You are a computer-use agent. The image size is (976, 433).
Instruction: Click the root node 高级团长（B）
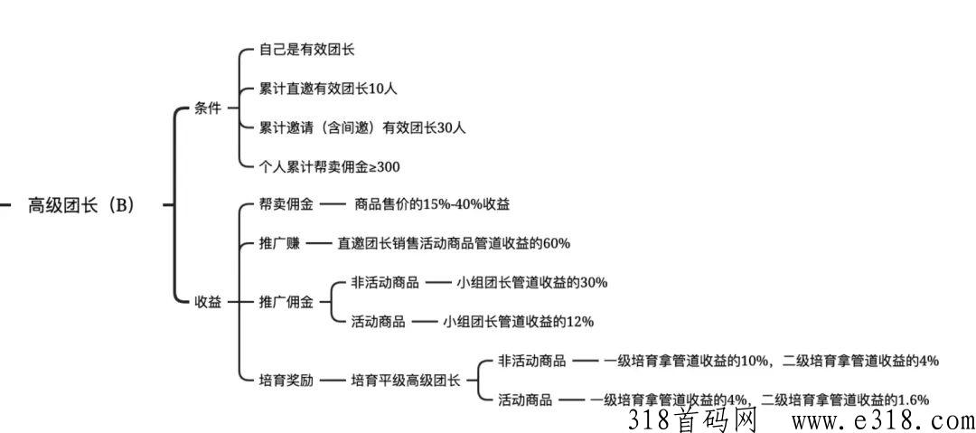pyautogui.click(x=81, y=205)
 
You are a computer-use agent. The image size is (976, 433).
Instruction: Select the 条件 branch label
pyautogui.click(x=208, y=108)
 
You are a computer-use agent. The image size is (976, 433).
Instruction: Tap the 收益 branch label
pyautogui.click(x=208, y=303)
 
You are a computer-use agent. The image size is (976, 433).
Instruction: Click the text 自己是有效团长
pyautogui.click(x=307, y=51)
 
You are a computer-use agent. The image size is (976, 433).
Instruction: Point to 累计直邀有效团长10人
pyautogui.click(x=328, y=89)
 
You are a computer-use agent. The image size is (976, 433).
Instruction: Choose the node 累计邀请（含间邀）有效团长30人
pyautogui.click(x=362, y=128)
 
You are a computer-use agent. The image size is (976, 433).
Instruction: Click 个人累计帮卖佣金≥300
pyautogui.click(x=329, y=167)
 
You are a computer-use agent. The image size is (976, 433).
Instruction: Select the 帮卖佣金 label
pyautogui.click(x=286, y=204)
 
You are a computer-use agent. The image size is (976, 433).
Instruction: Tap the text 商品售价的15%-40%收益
pyautogui.click(x=432, y=204)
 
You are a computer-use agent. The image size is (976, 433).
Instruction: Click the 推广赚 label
pyautogui.click(x=279, y=243)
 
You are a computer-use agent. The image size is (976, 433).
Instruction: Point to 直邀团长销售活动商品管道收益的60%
pyautogui.click(x=454, y=243)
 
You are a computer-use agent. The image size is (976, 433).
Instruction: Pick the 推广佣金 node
pyautogui.click(x=286, y=303)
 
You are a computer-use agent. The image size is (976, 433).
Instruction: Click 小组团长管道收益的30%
pyautogui.click(x=531, y=283)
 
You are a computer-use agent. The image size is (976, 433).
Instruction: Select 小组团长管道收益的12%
pyautogui.click(x=519, y=322)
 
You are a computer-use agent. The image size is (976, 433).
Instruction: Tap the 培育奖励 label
pyautogui.click(x=286, y=380)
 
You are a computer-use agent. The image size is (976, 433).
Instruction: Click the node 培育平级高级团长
pyautogui.click(x=406, y=380)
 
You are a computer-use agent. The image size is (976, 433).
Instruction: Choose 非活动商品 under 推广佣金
pyautogui.click(x=385, y=283)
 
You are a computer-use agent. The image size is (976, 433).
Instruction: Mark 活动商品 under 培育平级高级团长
pyautogui.click(x=525, y=400)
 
